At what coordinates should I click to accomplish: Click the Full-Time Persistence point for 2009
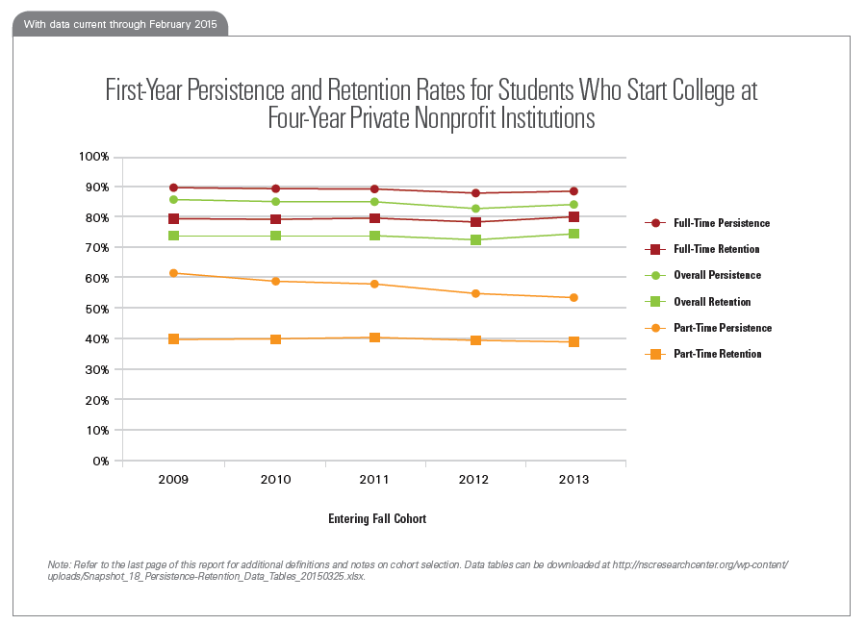click(x=174, y=187)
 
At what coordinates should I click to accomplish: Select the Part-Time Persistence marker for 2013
click(x=573, y=298)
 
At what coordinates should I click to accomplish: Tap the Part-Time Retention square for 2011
click(x=374, y=337)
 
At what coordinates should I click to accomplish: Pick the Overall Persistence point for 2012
click(x=473, y=209)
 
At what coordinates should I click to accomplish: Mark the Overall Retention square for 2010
click(x=275, y=236)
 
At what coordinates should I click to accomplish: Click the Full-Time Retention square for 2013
click(x=573, y=217)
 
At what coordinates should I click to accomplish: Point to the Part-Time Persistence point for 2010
click(x=275, y=282)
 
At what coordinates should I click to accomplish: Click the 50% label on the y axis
click(x=97, y=309)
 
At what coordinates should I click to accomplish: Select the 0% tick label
click(x=101, y=461)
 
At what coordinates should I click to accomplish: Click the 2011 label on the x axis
click(x=374, y=479)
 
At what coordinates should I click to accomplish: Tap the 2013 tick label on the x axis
click(x=573, y=479)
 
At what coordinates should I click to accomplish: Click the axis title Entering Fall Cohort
click(x=376, y=518)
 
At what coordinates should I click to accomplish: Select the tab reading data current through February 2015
click(x=120, y=24)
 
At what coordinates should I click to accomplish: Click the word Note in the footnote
click(x=59, y=563)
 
